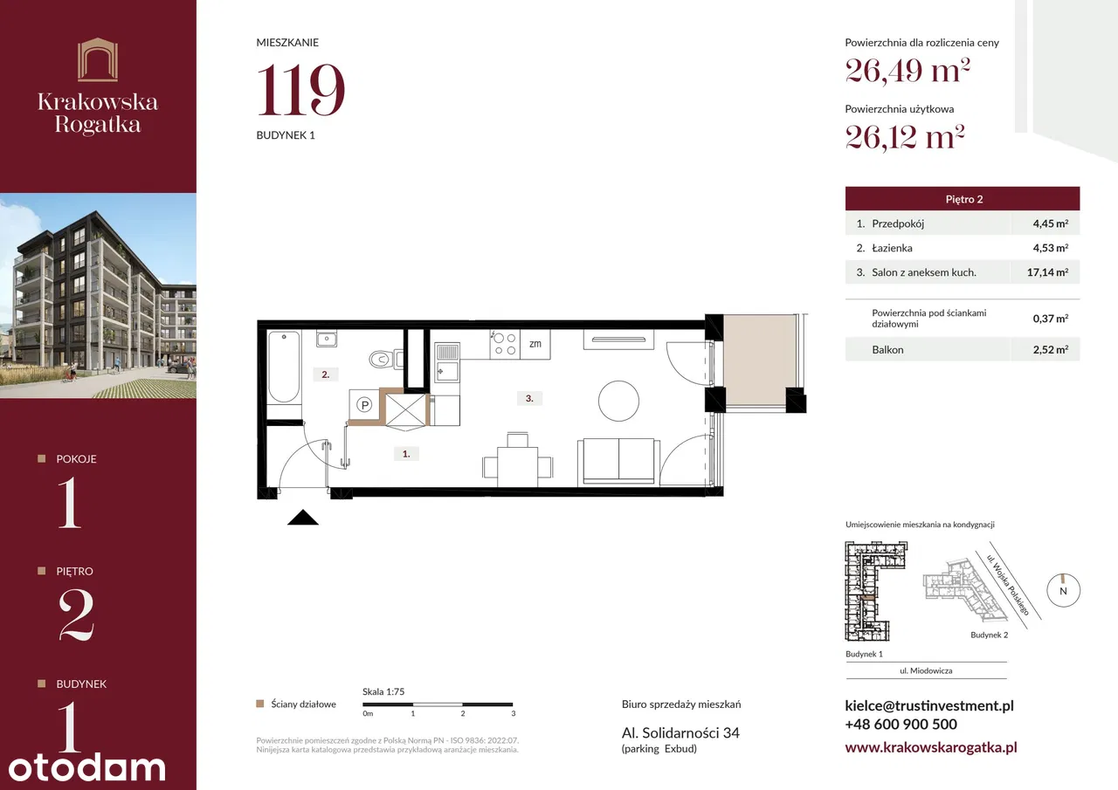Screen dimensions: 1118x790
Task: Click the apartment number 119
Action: pyautogui.click(x=300, y=90)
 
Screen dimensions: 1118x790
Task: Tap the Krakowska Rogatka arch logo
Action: pyautogui.click(x=98, y=59)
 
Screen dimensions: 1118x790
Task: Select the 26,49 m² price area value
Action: pyautogui.click(x=908, y=72)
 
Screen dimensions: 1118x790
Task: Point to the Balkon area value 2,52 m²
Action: pyautogui.click(x=1051, y=350)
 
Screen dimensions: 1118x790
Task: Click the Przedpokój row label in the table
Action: pyautogui.click(x=897, y=223)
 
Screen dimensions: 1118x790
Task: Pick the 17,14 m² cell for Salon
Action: pyautogui.click(x=1047, y=272)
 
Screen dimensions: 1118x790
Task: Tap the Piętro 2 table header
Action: pyautogui.click(x=963, y=199)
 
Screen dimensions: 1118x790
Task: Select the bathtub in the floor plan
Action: pyautogui.click(x=284, y=367)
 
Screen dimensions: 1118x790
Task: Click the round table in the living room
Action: pyautogui.click(x=618, y=401)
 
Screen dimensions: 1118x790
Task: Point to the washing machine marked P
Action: pyautogui.click(x=364, y=405)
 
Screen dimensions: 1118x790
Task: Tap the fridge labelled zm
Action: pyautogui.click(x=535, y=344)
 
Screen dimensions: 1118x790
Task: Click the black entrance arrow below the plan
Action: pyautogui.click(x=303, y=518)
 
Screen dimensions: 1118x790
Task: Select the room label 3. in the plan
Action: pyautogui.click(x=529, y=398)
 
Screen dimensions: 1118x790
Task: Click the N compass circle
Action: pyautogui.click(x=1063, y=590)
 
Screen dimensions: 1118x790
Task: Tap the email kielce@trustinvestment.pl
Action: pyautogui.click(x=929, y=705)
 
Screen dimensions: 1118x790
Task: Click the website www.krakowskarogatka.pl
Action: pyautogui.click(x=931, y=747)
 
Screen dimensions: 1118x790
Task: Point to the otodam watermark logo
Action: pyautogui.click(x=86, y=767)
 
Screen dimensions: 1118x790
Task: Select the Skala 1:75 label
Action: pyautogui.click(x=383, y=691)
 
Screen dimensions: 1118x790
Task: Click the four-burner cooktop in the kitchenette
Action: pyautogui.click(x=505, y=344)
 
